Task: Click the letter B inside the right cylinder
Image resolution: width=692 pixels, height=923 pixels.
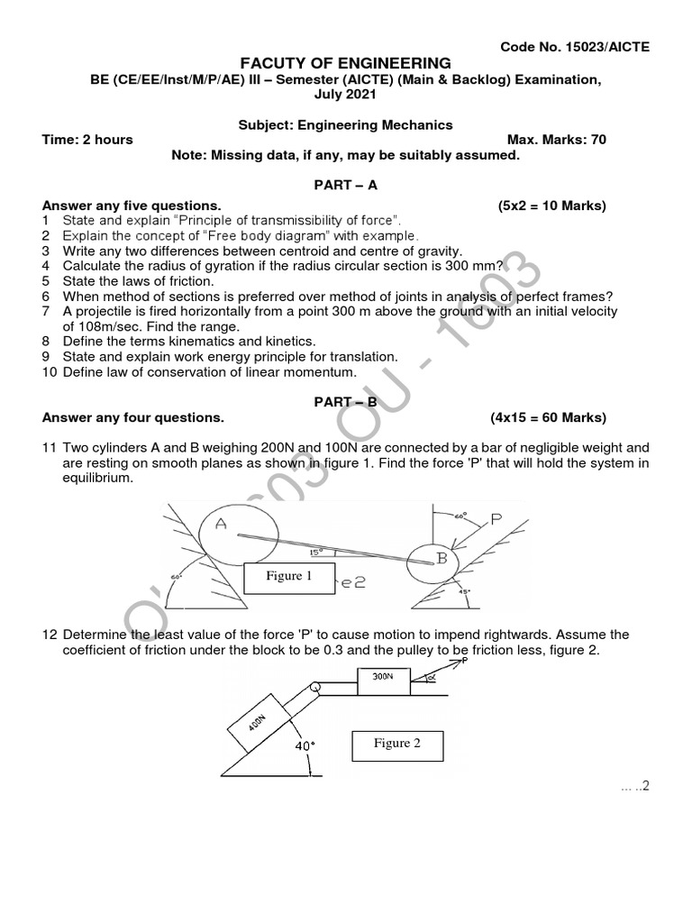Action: [x=442, y=558]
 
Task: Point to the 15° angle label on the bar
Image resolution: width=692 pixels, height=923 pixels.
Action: [x=315, y=553]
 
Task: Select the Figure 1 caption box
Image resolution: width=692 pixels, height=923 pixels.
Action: [x=288, y=576]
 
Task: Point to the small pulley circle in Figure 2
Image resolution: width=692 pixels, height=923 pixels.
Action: [x=315, y=690]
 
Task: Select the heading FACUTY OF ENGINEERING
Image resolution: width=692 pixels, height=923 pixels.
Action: [x=344, y=63]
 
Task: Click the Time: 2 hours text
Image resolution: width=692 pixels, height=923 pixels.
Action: [x=87, y=140]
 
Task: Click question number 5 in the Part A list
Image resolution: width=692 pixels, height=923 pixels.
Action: [x=45, y=281]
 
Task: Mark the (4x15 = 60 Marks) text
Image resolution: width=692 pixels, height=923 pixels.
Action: [x=548, y=417]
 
